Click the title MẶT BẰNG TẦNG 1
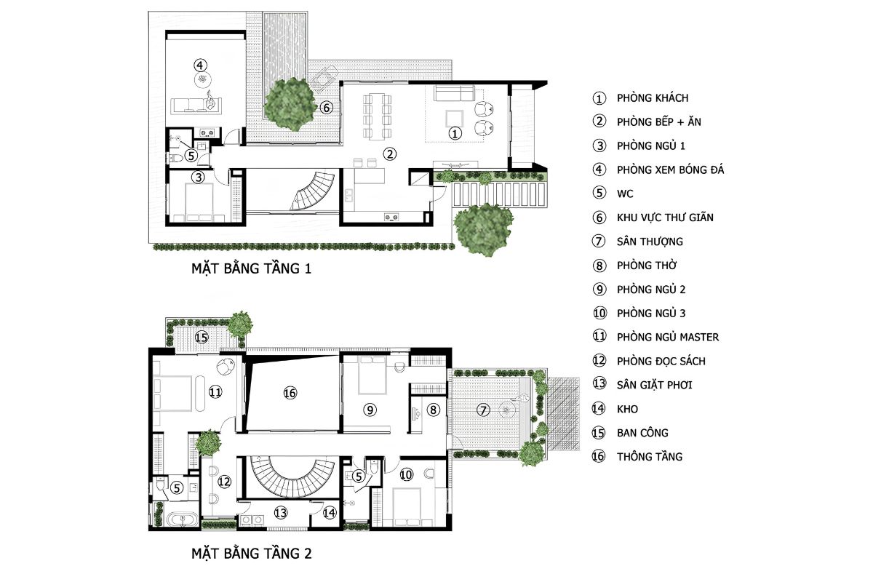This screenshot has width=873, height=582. click(252, 268)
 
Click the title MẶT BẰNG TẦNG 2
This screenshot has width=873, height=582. click(252, 554)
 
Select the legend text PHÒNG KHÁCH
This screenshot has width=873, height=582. click(653, 97)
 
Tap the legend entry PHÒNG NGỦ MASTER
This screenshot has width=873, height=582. click(668, 337)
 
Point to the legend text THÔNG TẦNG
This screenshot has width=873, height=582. click(649, 456)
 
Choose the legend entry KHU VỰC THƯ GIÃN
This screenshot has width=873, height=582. click(665, 218)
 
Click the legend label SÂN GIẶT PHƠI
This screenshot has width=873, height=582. click(654, 385)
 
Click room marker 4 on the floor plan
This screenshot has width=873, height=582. click(200, 65)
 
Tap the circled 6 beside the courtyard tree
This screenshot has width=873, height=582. click(327, 108)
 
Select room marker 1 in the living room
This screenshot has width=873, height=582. click(455, 133)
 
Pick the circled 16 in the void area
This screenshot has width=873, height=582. click(290, 393)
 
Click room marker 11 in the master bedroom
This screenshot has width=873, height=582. click(215, 391)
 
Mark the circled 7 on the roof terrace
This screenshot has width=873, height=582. click(483, 410)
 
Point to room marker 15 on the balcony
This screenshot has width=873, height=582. click(202, 337)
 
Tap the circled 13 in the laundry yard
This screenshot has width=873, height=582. click(281, 513)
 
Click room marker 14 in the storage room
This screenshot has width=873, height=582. click(330, 513)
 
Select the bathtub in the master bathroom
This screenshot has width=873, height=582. click(183, 519)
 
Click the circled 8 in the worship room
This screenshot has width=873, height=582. click(433, 410)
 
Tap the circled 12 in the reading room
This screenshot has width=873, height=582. click(224, 482)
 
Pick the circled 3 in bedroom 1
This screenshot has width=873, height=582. click(198, 178)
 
